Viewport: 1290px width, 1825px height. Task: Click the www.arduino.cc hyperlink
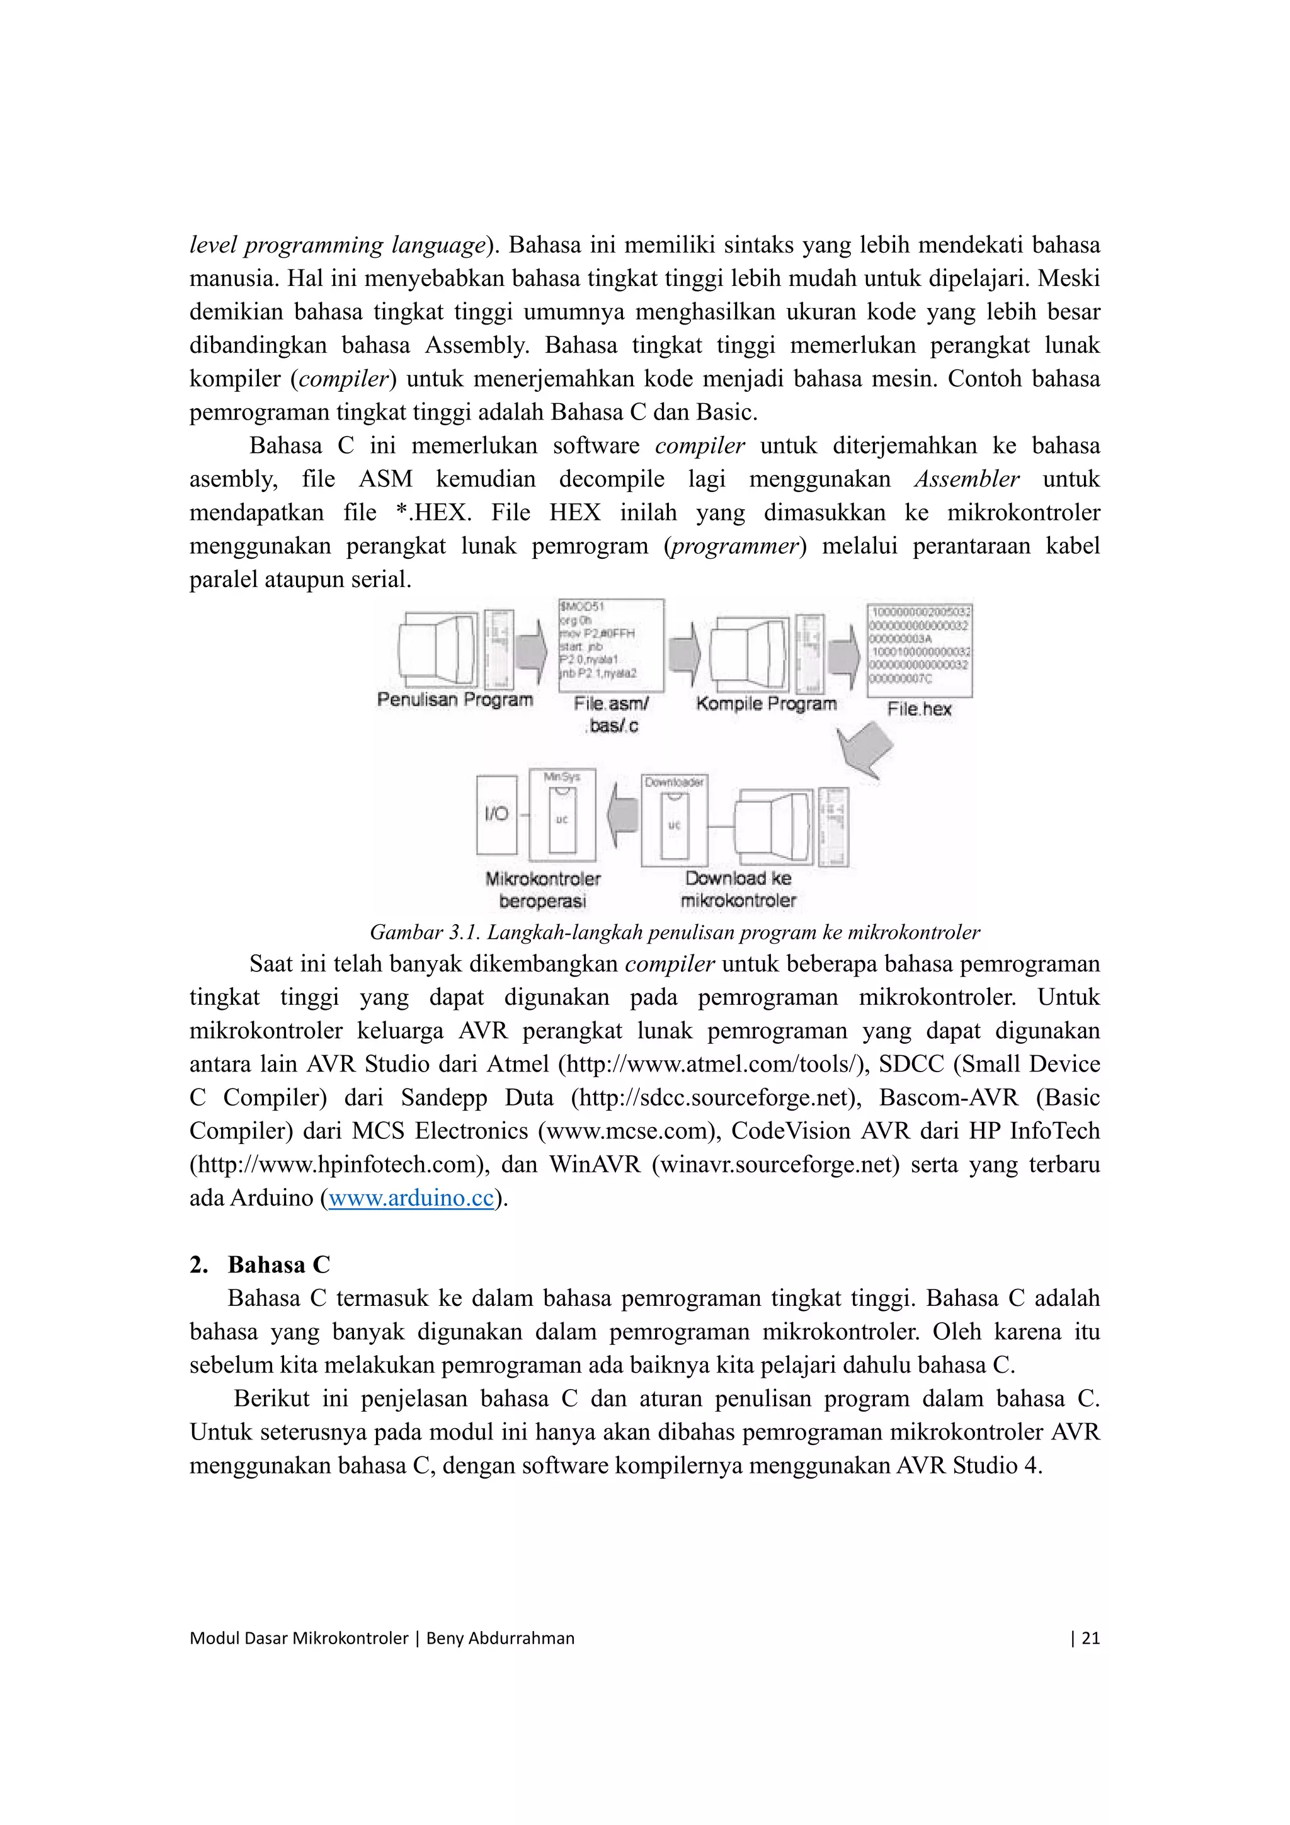pos(411,1198)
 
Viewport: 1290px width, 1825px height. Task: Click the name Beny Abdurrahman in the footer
pos(500,1637)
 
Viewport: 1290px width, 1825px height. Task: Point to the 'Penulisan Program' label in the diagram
pos(455,699)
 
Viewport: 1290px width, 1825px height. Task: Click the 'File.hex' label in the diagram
pos(919,709)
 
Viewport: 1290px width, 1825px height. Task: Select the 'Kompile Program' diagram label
pos(766,704)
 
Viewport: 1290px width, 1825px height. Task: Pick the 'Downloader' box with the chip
pos(674,820)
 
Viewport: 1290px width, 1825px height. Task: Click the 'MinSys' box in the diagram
pos(562,814)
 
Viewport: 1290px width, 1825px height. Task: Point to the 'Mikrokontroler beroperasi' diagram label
pos(543,890)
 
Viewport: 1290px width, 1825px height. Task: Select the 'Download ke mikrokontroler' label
pos(738,889)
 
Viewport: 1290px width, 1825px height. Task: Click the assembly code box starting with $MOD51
pos(610,646)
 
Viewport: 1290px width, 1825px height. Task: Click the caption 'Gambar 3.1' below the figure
pos(674,932)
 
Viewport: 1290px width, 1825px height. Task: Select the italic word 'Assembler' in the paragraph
pos(966,479)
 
